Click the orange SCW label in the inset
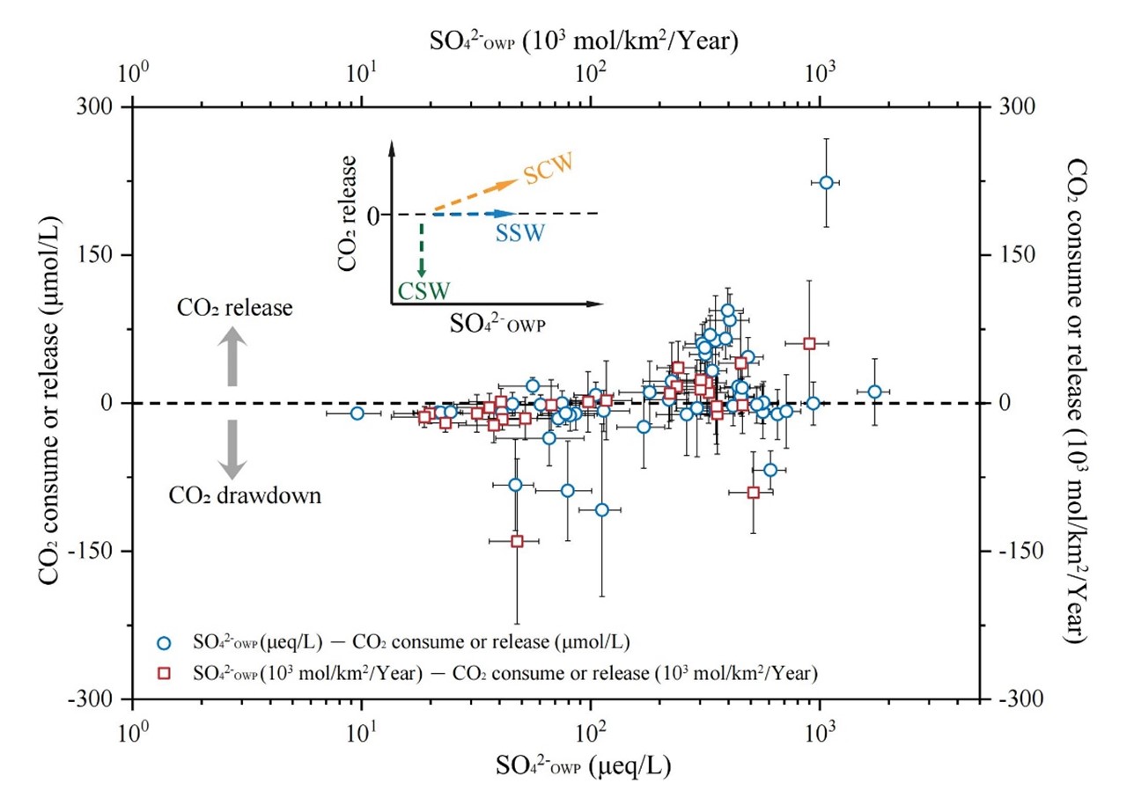click(x=548, y=168)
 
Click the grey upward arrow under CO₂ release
click(x=233, y=355)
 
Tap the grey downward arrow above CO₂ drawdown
click(x=233, y=449)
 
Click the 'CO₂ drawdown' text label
click(x=245, y=496)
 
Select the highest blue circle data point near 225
click(x=826, y=182)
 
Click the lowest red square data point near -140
click(x=517, y=541)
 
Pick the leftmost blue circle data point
click(x=357, y=413)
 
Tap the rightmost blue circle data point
click(x=874, y=392)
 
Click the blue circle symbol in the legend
click(x=162, y=642)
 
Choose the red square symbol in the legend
click(x=162, y=674)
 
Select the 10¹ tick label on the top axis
click(x=362, y=75)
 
